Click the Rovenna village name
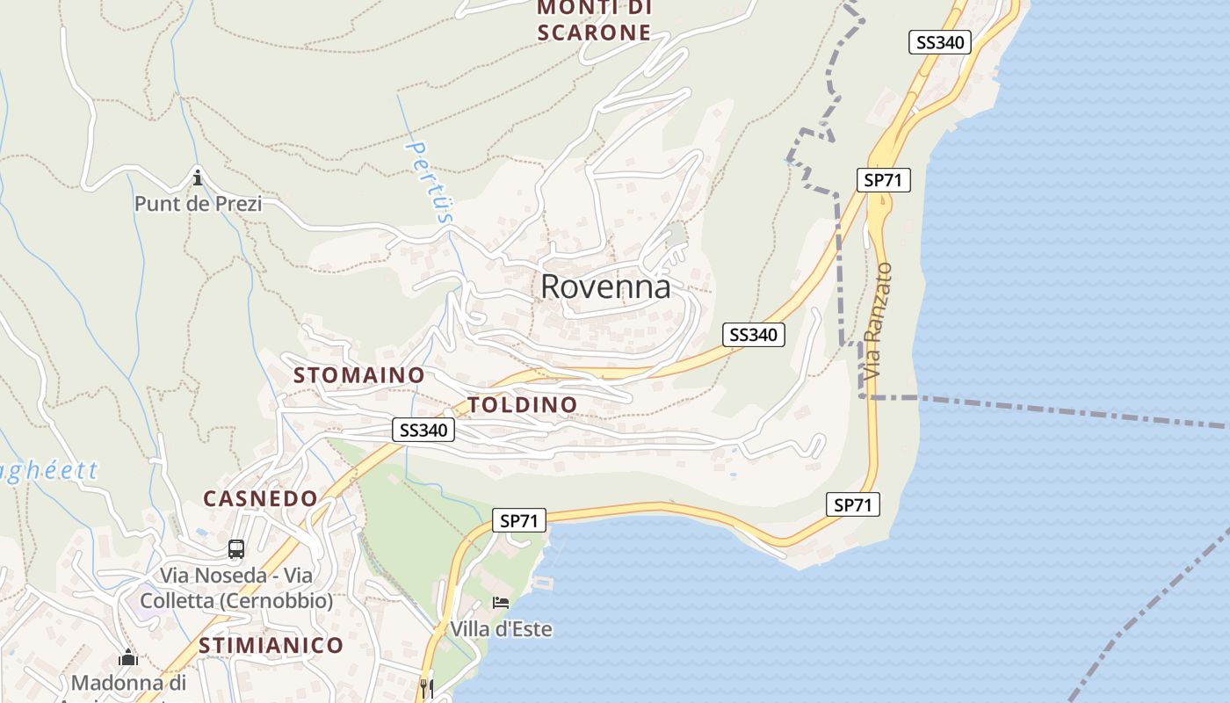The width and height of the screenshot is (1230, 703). point(605,286)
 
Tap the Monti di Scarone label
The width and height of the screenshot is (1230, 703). point(594,20)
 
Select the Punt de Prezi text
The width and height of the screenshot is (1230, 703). point(198,204)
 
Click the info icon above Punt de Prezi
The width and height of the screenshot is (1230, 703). point(198,178)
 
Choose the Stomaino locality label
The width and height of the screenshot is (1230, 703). point(358,375)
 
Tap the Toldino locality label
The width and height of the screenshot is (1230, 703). point(523,405)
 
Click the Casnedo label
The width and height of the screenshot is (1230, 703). point(260,498)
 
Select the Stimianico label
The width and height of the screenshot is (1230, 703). point(271,645)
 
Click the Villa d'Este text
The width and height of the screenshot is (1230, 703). point(501,629)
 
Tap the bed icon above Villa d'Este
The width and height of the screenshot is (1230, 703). point(501,603)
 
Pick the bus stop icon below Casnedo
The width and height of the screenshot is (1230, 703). point(235,549)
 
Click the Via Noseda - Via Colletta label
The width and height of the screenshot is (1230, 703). point(246,588)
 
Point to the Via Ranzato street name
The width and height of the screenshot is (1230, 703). point(877,322)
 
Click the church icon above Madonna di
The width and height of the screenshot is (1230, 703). point(128,657)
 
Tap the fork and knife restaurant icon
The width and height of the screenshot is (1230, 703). point(427,687)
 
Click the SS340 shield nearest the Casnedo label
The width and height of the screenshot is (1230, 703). point(423,430)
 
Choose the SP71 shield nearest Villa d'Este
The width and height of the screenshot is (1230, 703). point(518,520)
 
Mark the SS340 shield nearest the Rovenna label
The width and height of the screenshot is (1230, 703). point(754,335)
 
